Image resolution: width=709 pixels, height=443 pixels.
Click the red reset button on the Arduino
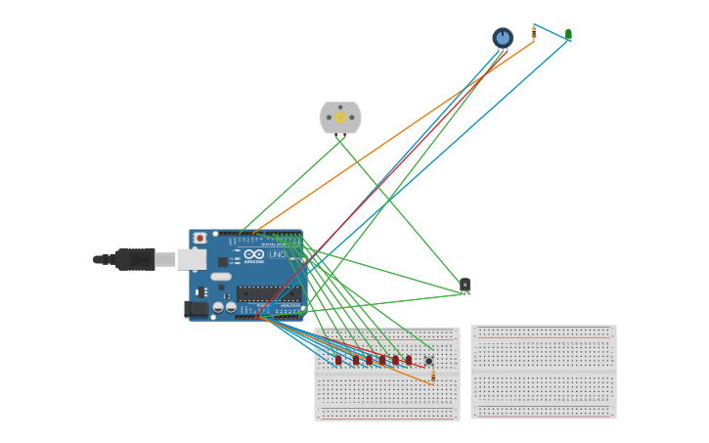click(x=199, y=238)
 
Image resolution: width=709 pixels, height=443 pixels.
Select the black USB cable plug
click(x=135, y=259)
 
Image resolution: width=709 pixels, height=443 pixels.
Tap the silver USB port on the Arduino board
click(x=191, y=259)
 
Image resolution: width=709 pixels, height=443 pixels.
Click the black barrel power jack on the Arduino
click(x=196, y=309)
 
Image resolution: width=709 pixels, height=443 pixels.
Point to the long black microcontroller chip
click(x=268, y=293)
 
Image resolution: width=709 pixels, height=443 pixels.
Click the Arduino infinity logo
click(x=254, y=254)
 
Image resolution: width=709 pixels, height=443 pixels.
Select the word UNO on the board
click(x=277, y=254)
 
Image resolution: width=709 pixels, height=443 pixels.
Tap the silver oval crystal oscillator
click(x=221, y=277)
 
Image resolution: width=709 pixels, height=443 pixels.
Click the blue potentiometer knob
click(x=503, y=37)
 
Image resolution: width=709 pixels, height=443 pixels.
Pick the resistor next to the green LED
click(x=533, y=33)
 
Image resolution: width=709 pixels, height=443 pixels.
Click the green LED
click(x=568, y=34)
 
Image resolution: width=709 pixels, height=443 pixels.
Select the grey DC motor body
click(x=340, y=117)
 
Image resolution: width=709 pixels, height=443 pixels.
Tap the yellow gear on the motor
click(x=340, y=117)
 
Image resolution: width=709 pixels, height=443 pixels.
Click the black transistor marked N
click(x=465, y=286)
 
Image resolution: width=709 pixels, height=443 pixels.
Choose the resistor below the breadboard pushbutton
click(x=433, y=377)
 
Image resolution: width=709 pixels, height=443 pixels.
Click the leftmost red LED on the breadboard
click(x=338, y=360)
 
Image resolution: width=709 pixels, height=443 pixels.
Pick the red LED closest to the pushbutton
click(x=409, y=360)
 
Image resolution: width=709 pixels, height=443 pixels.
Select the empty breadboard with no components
click(x=544, y=372)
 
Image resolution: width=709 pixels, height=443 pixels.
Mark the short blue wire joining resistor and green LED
click(x=551, y=31)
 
